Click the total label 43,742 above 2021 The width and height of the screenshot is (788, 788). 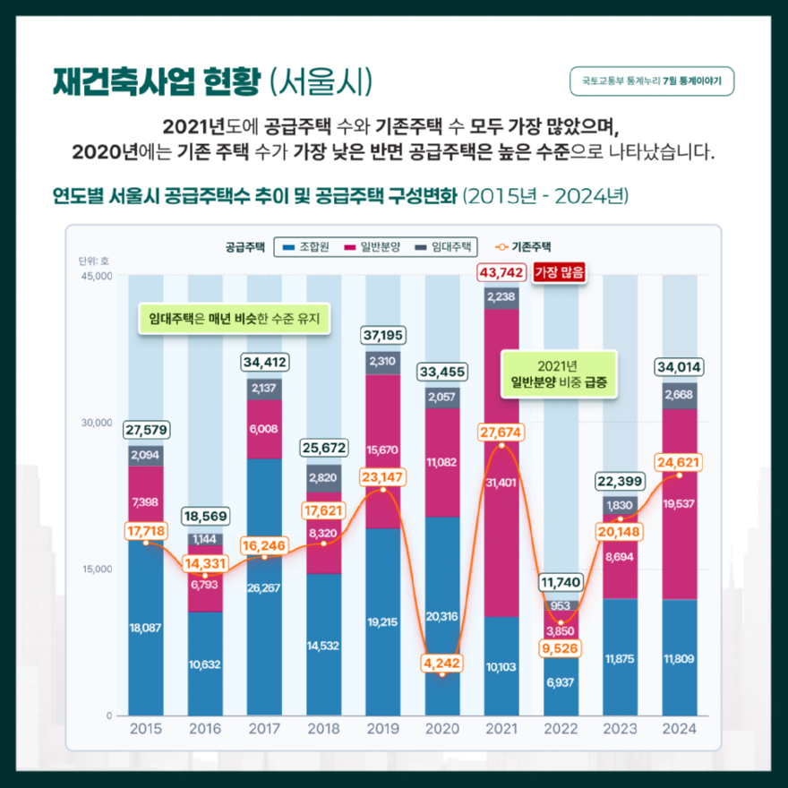[x=501, y=272]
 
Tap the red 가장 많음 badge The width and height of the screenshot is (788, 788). [x=559, y=272]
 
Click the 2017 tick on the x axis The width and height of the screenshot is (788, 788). [x=263, y=729]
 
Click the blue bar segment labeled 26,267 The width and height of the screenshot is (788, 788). [x=263, y=587]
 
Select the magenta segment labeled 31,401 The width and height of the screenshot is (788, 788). [x=501, y=483]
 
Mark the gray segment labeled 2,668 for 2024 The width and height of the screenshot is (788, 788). [x=678, y=394]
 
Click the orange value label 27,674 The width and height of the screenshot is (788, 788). [x=501, y=433]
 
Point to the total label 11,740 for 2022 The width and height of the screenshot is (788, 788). [x=561, y=583]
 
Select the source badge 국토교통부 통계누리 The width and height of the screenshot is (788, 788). [x=652, y=81]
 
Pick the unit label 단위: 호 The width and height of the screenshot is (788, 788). [x=93, y=261]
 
